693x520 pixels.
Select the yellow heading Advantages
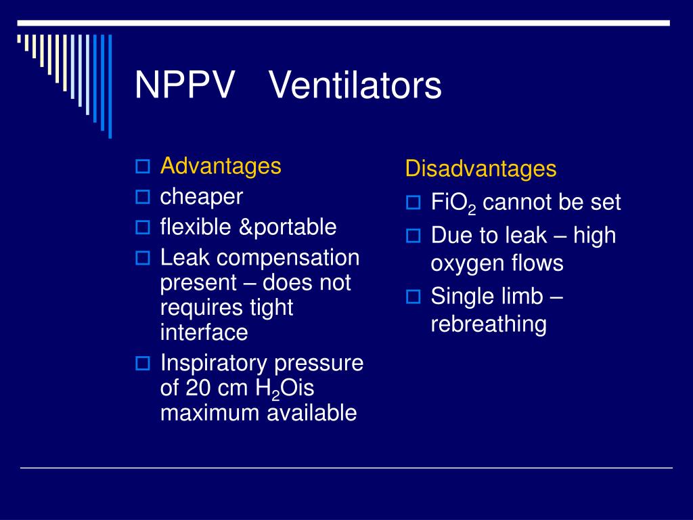221,166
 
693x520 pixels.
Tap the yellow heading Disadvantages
480,169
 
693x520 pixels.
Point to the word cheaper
201,197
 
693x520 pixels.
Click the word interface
204,332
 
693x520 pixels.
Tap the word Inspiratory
214,364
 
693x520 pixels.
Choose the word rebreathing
488,324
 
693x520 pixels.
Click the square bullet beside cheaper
142,198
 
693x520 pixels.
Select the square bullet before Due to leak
413,236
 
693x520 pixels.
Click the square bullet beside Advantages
142,167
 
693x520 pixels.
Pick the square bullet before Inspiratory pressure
142,364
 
